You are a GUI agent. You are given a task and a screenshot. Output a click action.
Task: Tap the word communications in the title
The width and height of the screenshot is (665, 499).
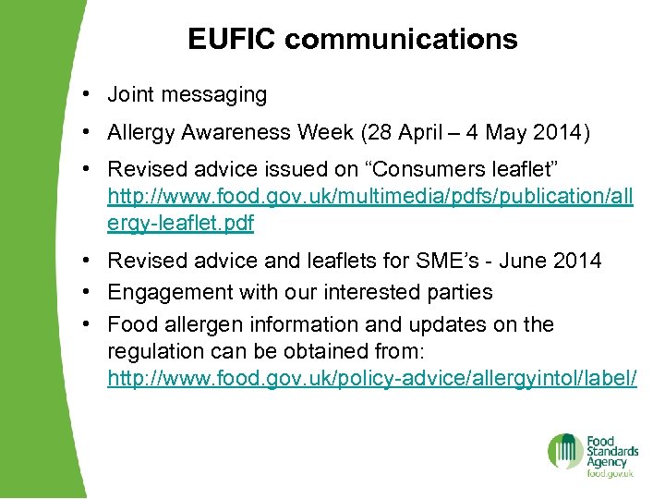coord(402,39)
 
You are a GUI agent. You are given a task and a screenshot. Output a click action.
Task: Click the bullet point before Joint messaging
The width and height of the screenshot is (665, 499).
coord(84,94)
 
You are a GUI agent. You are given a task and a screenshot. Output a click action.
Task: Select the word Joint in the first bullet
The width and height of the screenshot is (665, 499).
coord(129,94)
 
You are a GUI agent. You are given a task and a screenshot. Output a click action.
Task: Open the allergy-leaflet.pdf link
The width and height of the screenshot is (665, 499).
coord(370,197)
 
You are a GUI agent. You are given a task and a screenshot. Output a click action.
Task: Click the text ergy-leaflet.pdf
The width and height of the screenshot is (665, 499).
coord(181,224)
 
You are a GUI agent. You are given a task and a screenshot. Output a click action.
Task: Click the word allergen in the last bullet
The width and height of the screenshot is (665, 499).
coord(204,324)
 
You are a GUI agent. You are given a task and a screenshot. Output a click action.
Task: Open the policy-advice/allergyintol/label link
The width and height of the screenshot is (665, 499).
coord(372,379)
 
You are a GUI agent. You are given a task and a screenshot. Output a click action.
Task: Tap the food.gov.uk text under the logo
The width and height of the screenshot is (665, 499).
coord(610,474)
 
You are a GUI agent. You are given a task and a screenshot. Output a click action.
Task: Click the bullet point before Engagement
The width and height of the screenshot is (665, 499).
coord(84,293)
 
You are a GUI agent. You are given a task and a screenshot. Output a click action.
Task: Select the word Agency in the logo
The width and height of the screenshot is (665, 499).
coord(607,461)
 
